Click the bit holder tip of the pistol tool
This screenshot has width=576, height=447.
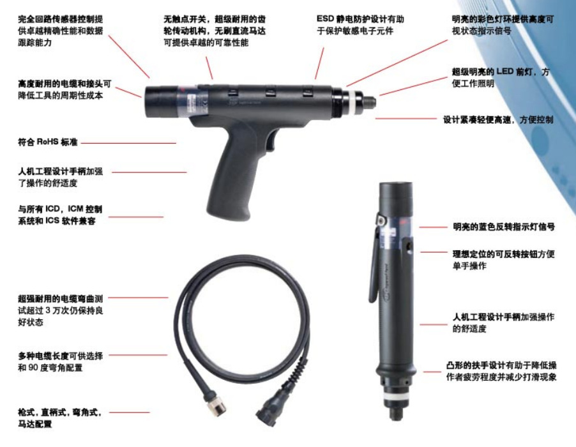tap(368, 102)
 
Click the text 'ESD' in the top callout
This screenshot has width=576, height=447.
tap(325, 19)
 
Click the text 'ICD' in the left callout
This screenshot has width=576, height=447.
tap(52, 209)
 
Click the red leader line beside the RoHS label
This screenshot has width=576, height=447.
tap(128, 143)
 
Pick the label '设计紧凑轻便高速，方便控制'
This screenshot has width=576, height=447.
tap(498, 119)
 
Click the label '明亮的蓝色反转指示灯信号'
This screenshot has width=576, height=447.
tap(504, 227)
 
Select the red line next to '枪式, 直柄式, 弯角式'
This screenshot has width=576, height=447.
tap(129, 413)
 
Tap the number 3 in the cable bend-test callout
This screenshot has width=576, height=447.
tap(48, 310)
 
